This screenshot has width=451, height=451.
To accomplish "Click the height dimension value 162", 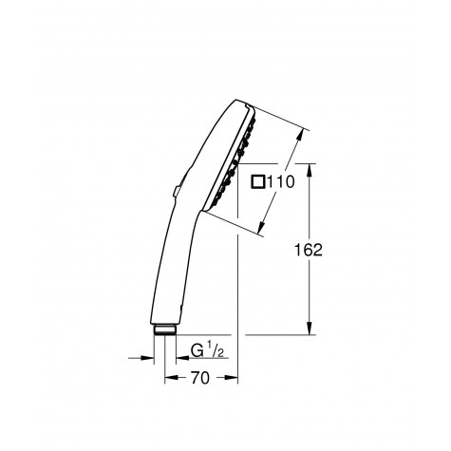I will pos(309,250).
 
